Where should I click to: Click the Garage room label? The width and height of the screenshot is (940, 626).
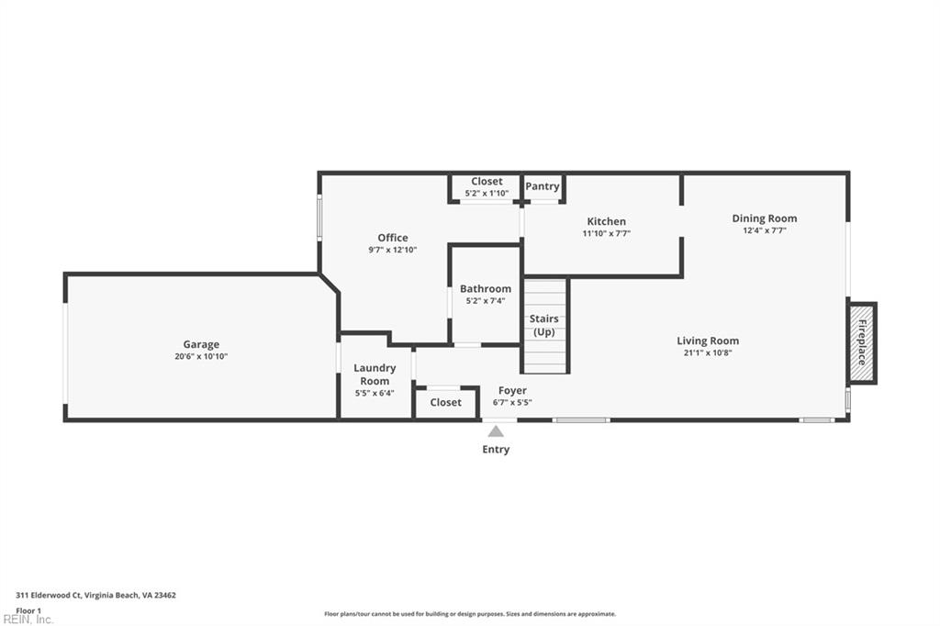point(201,344)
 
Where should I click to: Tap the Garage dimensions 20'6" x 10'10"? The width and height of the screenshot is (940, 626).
point(201,356)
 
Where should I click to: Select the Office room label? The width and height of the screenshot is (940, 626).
point(393,238)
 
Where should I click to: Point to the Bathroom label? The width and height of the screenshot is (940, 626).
point(486,288)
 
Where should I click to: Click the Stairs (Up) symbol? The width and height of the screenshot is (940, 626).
point(545,326)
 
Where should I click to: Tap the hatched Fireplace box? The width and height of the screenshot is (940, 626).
point(862,343)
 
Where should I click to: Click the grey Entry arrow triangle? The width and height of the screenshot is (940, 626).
point(496,430)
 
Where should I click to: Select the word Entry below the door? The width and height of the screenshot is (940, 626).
point(496,450)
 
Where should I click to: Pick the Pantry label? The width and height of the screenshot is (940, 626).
point(543,186)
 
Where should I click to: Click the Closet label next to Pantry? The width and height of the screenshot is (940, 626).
point(487,182)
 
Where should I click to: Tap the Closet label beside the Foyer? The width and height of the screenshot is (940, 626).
point(445,402)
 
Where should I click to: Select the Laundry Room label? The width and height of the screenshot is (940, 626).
point(375,374)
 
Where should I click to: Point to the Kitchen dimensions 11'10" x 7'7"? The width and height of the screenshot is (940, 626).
point(606,233)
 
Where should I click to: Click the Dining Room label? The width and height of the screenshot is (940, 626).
point(764,218)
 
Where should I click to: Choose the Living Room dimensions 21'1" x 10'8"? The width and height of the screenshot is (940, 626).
point(708,352)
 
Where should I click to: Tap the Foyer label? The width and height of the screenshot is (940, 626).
point(512,390)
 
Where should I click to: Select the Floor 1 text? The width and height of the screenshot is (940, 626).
point(28,610)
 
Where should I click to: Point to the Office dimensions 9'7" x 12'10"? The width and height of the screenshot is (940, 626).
point(393,250)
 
